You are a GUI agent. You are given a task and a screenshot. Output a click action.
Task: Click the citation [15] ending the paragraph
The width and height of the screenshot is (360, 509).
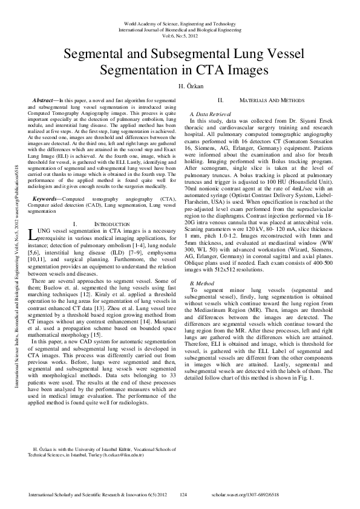[96, 334]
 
